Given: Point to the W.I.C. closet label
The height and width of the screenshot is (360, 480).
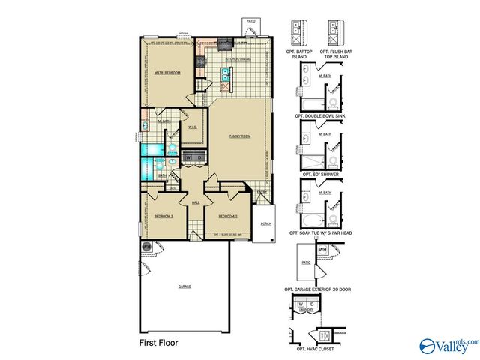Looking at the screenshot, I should [193, 126].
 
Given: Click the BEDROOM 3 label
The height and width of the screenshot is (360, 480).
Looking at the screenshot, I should [163, 216].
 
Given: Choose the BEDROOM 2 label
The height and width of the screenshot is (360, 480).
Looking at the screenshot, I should [228, 216].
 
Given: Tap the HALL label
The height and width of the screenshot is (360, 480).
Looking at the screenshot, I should [196, 202].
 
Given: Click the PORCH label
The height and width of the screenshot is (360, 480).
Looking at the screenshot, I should [265, 224].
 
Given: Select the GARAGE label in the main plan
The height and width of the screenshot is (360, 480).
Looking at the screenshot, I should [184, 286].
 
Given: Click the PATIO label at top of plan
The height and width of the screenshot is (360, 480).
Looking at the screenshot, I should [250, 22].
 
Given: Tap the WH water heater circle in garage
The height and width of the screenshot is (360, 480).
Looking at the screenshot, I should [146, 246].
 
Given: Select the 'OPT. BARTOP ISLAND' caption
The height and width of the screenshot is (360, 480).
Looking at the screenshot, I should [301, 52].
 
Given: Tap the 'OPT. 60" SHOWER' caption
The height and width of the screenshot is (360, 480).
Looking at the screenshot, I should [320, 174].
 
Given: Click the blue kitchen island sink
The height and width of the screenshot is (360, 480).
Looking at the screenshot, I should [224, 73].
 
